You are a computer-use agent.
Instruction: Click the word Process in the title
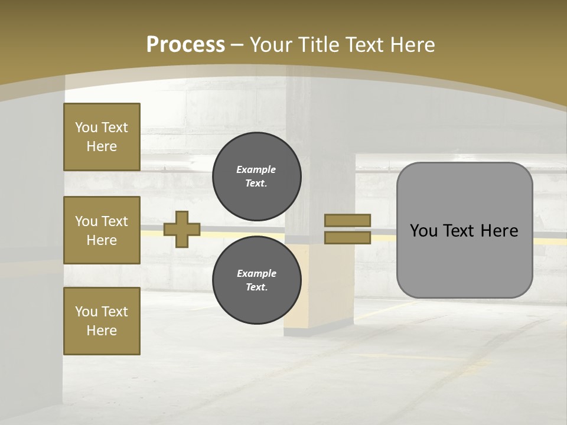point(185,45)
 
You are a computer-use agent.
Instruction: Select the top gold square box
point(102,137)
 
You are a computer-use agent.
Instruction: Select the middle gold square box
point(102,230)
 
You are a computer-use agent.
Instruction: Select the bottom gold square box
point(102,321)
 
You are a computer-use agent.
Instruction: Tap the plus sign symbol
point(181,229)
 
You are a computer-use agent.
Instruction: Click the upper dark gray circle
point(256,176)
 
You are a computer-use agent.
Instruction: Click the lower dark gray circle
point(256,280)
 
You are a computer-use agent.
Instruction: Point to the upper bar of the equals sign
point(347,220)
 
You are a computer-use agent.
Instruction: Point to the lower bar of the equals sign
point(347,237)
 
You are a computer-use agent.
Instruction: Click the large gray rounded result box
point(464,260)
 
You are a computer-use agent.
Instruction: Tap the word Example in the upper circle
point(256,169)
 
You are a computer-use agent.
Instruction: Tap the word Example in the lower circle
point(256,273)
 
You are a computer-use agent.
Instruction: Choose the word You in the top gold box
point(86,127)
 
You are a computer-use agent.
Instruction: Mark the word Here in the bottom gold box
point(102,331)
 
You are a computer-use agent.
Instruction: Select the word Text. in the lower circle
point(256,287)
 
